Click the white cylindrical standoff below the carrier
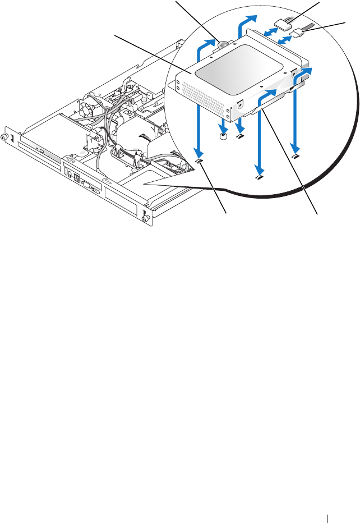pyautogui.click(x=223, y=136)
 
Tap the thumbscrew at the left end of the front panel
pyautogui.click(x=6, y=136)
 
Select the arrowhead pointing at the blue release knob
pyautogui.click(x=210, y=42)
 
